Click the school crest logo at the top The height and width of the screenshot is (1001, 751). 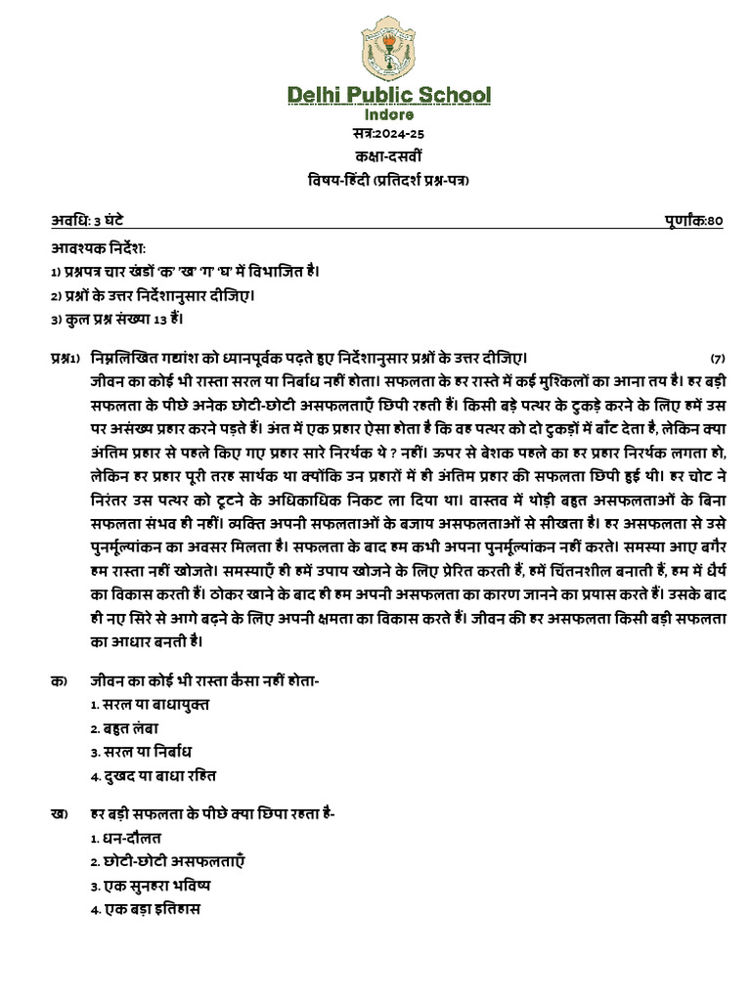click(388, 48)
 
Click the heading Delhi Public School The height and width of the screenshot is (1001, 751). click(388, 95)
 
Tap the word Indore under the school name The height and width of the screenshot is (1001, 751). click(388, 115)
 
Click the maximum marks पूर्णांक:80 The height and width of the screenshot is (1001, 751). click(691, 221)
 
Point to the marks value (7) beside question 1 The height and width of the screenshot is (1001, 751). click(718, 358)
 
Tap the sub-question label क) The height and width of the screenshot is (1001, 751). click(59, 682)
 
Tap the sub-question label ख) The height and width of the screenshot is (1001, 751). click(59, 815)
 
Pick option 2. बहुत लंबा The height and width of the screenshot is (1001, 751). click(124, 728)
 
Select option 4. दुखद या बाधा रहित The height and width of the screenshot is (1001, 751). click(153, 775)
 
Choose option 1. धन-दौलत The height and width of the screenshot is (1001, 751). click(126, 838)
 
